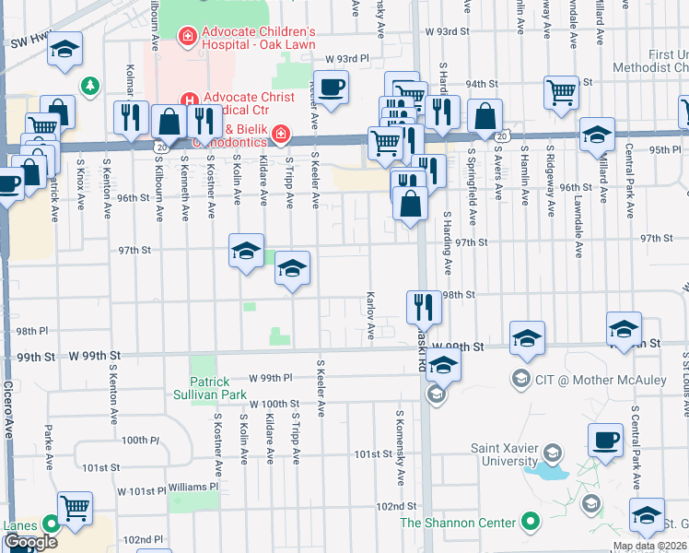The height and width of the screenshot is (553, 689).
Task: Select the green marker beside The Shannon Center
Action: (530, 523)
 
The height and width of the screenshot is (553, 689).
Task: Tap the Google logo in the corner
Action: (30, 542)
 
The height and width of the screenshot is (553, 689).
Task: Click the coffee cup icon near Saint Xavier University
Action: (605, 441)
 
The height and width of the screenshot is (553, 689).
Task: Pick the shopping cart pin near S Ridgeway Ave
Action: (560, 92)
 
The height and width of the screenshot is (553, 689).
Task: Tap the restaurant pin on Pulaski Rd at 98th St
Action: (423, 306)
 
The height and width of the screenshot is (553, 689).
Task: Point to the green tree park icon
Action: (89, 87)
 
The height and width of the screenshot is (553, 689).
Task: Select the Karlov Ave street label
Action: (370, 318)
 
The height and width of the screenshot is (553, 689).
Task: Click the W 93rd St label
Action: (449, 31)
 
